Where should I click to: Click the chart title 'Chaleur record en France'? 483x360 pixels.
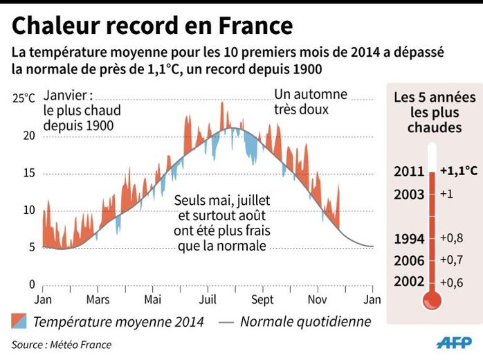click(152, 26)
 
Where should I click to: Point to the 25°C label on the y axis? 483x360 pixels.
click(24, 98)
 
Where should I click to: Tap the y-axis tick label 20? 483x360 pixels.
click(28, 136)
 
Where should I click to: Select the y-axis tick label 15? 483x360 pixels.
click(28, 173)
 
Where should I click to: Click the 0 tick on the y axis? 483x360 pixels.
click(32, 284)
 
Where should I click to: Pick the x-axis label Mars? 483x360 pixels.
click(98, 300)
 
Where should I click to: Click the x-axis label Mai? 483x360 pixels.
click(152, 300)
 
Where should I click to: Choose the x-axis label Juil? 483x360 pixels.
click(208, 300)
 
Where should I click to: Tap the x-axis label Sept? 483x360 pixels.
click(263, 300)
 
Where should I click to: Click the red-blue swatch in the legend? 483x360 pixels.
click(19, 321)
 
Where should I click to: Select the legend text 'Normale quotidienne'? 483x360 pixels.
click(305, 321)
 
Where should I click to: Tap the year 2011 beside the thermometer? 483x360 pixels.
click(409, 172)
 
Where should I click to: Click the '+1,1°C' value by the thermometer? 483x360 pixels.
click(458, 170)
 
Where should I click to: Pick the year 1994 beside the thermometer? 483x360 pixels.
click(409, 239)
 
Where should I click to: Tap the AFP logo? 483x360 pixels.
click(454, 343)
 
